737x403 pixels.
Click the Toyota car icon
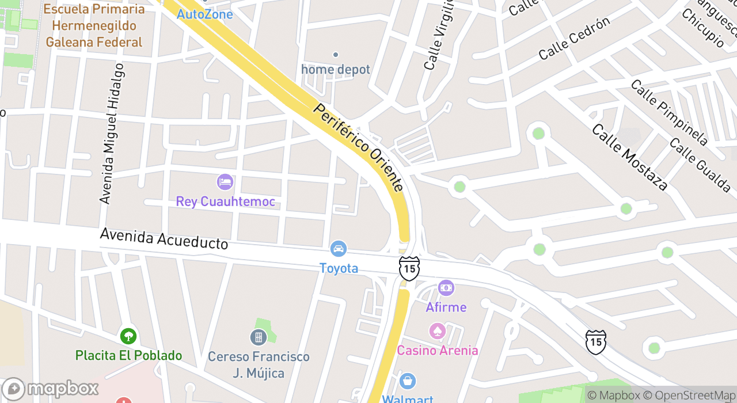339,249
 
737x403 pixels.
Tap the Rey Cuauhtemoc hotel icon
225,183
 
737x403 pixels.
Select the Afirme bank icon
446,288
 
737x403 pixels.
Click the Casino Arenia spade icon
437,331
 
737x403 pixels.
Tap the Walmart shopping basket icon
408,381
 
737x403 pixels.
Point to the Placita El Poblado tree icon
128,336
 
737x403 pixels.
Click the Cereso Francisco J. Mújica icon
259,337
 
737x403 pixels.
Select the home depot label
336,70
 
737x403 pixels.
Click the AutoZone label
205,14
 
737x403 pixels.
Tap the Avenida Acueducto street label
164,238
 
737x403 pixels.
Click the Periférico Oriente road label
358,147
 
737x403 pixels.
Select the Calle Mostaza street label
629,157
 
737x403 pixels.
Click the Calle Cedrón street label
574,39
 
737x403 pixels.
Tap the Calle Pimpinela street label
668,112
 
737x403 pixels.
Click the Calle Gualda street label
700,165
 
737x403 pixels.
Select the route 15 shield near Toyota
409,268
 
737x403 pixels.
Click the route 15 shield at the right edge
595,341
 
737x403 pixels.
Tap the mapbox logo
51,389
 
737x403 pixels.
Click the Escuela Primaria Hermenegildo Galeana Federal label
94,26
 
